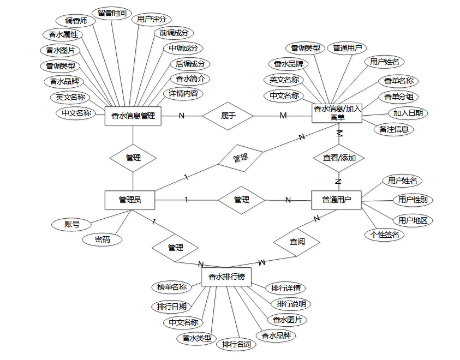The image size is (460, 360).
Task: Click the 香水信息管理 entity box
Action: (133, 116)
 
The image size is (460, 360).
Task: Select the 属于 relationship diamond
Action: (228, 116)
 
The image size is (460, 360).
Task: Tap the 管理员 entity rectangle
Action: (130, 200)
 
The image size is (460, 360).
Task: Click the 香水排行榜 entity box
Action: (226, 277)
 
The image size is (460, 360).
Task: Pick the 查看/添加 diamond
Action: (339, 158)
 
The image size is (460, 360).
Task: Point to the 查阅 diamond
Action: (297, 241)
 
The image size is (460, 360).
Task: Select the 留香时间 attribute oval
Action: (112, 13)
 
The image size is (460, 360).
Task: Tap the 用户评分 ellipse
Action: (151, 20)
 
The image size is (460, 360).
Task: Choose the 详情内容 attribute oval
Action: (183, 93)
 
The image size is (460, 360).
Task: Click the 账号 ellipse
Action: (71, 224)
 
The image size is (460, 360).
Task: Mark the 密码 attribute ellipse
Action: (102, 239)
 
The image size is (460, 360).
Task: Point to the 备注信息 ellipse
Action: (393, 129)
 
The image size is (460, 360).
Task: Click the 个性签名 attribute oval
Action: (384, 235)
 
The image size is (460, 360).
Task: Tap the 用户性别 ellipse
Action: (412, 200)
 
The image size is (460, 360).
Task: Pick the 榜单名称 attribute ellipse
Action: (171, 287)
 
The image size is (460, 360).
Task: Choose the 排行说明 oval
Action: (290, 304)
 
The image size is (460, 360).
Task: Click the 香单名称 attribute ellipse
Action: (398, 82)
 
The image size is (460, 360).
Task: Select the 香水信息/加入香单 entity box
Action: (338, 113)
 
